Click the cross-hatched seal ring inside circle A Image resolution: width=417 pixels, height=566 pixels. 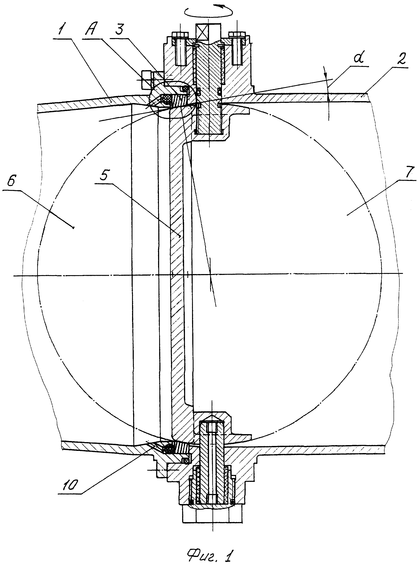166,98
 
